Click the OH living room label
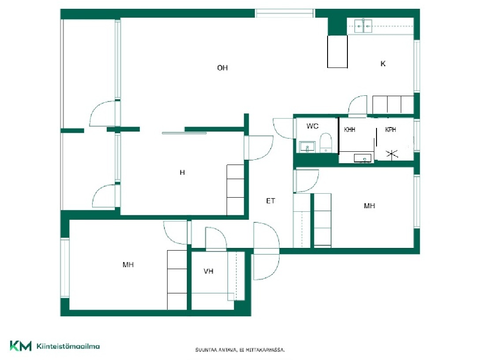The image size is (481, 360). tap(222, 68)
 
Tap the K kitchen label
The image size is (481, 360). tap(383, 64)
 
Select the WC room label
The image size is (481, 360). tap(312, 126)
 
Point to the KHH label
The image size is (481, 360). tap(350, 130)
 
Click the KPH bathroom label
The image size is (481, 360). tap(390, 130)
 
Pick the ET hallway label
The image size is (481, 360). tap(271, 201)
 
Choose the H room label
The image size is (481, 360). tap(182, 172)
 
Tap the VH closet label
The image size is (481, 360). tap(208, 271)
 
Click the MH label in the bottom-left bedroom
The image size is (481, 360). tap(128, 265)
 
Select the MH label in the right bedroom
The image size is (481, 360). tap(369, 206)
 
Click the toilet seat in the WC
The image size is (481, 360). tap(326, 142)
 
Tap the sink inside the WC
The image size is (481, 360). tap(307, 147)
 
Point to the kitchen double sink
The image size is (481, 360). tap(363, 26)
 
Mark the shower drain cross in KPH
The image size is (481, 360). tap(392, 154)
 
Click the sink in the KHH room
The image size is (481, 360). tap(362, 158)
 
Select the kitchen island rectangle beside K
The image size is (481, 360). tap(337, 52)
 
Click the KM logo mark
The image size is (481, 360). tap(21, 346)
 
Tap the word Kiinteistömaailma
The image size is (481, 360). tap(68, 346)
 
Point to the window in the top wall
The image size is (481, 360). tap(285, 13)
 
